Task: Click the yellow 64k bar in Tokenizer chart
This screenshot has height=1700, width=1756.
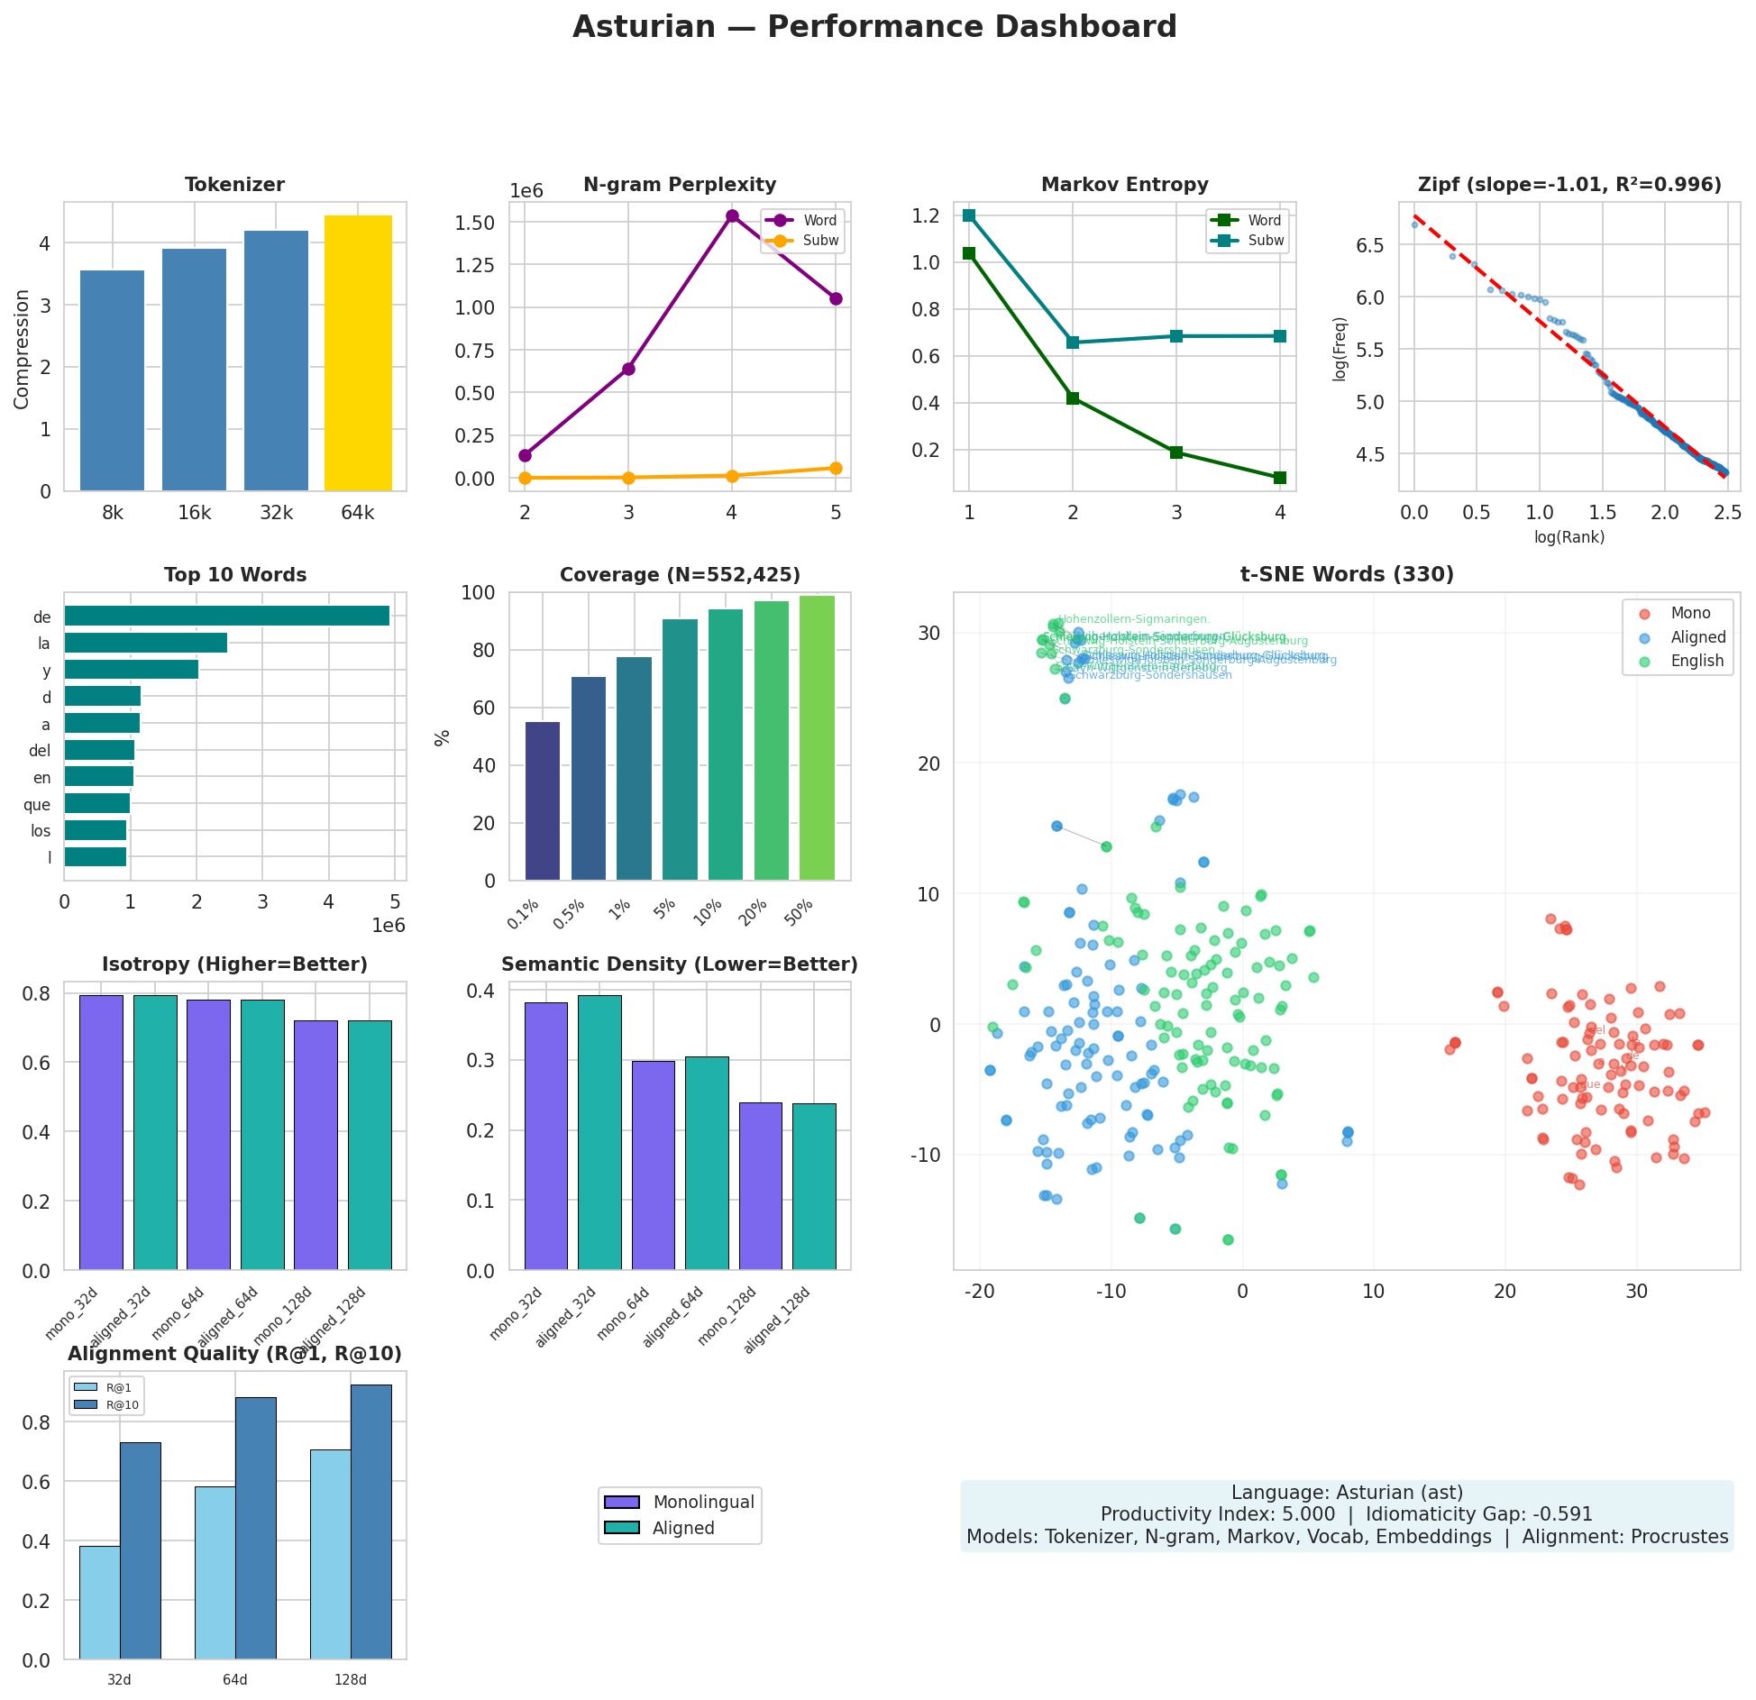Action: point(358,353)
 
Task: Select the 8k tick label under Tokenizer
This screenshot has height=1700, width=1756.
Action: point(113,514)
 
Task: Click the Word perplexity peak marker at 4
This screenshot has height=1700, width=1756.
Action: point(732,215)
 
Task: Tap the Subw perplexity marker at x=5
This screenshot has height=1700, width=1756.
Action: point(836,468)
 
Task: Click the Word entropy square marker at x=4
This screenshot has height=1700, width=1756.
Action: point(1280,478)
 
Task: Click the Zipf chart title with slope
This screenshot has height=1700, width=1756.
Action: point(1569,185)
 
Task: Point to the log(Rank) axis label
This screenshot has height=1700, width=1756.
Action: point(1569,537)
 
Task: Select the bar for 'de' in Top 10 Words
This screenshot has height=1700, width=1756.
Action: point(226,616)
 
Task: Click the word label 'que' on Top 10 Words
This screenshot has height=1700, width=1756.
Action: point(37,805)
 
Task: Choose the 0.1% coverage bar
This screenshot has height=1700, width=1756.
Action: point(542,800)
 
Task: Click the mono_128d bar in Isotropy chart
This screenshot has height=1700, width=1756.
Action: point(316,1145)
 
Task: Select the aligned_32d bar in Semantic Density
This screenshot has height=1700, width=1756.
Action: point(599,1132)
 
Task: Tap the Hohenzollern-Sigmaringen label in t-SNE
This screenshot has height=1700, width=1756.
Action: point(1134,619)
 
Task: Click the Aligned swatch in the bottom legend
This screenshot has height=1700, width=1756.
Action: point(622,1528)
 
